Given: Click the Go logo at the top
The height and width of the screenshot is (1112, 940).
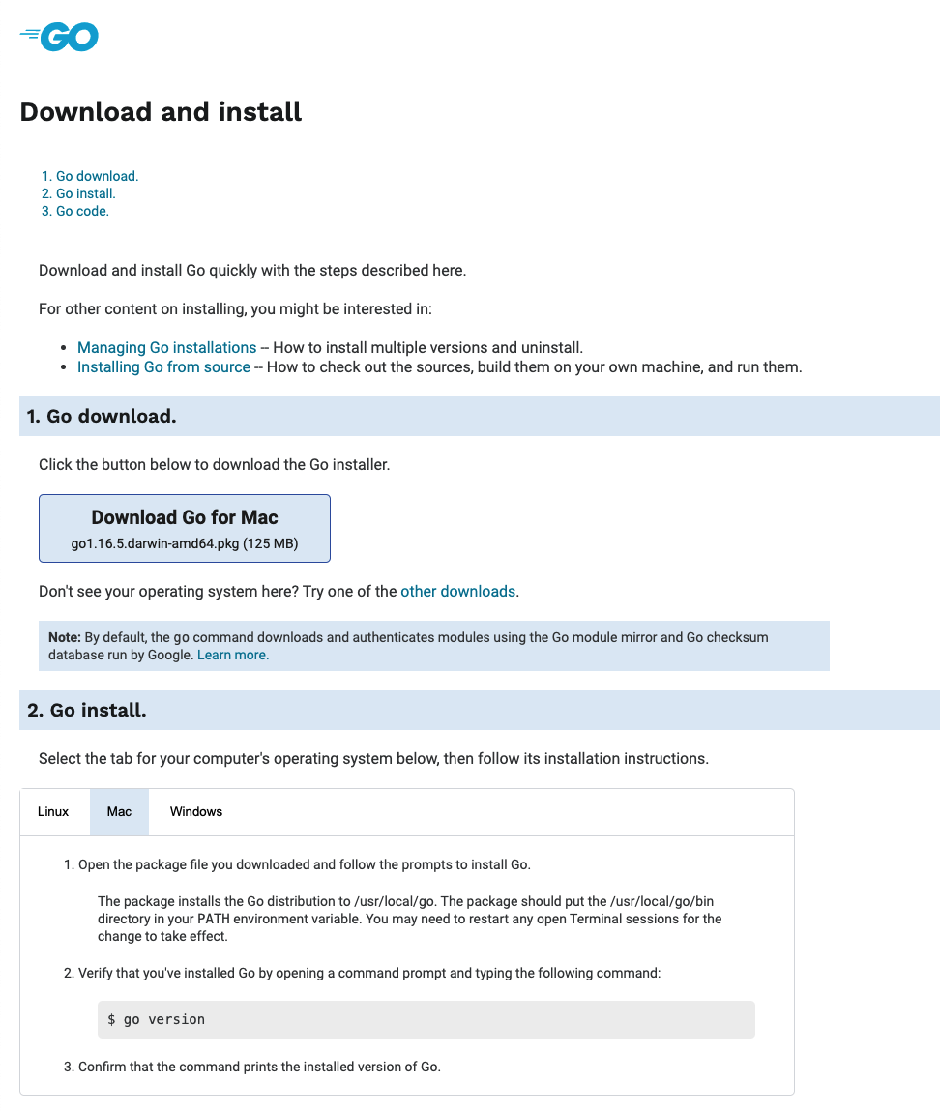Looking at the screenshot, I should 59,37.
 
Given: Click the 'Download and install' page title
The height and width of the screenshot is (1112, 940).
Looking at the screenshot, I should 161,112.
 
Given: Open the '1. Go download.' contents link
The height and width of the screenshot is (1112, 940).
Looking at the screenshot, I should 90,176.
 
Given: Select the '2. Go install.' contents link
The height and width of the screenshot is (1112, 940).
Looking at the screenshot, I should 78,193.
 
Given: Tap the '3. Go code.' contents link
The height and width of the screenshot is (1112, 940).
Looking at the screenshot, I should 75,211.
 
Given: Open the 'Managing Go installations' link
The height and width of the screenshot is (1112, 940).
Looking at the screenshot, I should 166,347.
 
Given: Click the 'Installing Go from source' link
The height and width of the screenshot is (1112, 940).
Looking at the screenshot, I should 163,367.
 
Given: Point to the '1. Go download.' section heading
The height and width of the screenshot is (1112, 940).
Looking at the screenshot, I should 102,417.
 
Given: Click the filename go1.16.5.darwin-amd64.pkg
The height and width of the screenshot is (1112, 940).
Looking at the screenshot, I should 155,544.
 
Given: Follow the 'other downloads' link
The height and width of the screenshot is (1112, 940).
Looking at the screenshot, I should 458,591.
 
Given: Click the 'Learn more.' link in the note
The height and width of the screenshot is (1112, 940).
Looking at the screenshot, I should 233,655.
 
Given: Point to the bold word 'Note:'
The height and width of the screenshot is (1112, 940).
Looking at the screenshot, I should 65,637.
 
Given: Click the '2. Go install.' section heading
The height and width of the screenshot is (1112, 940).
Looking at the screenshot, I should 87,711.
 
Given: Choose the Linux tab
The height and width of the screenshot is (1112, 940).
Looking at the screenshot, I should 53,811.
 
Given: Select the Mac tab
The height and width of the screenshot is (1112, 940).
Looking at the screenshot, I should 120,811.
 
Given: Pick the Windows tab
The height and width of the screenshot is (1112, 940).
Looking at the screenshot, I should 196,811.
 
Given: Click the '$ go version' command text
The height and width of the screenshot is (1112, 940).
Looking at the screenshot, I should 157,1019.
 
